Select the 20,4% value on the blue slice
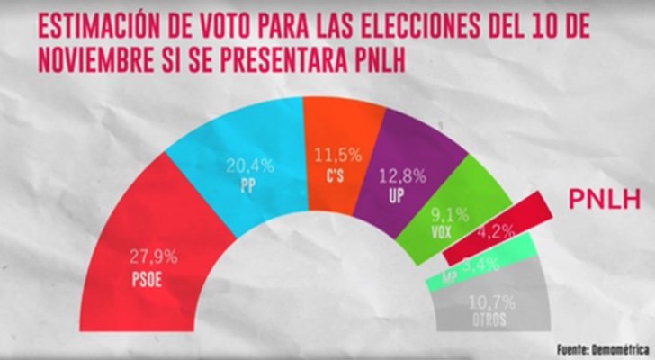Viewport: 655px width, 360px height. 249,166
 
